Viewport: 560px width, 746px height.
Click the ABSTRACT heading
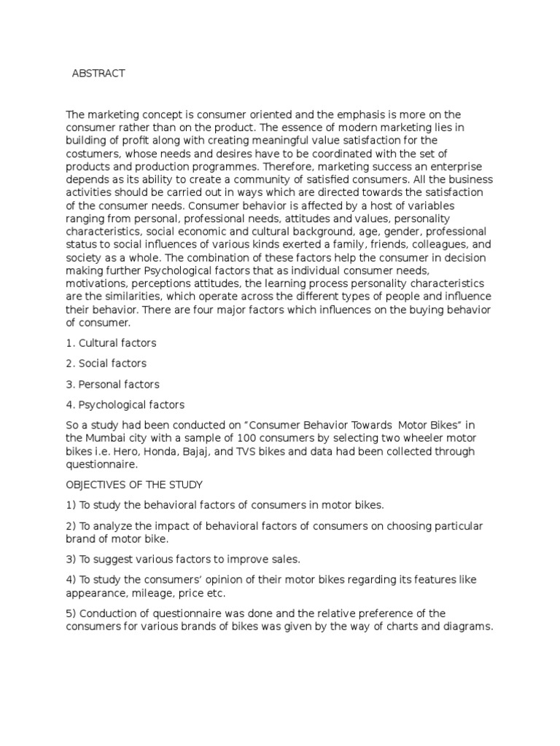(x=98, y=74)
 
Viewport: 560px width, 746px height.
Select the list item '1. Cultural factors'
(x=111, y=342)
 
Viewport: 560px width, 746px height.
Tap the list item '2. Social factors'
(x=106, y=363)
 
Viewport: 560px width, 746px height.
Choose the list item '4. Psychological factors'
(x=125, y=404)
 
